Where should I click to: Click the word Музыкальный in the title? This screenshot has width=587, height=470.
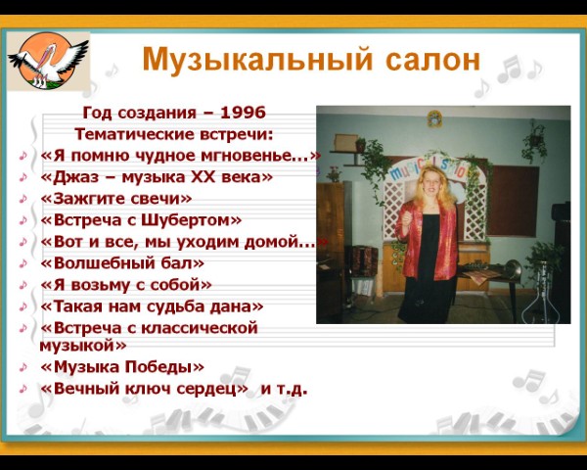point(258,60)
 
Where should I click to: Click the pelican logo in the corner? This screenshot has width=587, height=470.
point(48,61)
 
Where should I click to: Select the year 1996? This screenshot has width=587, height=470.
point(244,113)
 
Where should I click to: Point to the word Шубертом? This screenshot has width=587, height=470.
point(186,220)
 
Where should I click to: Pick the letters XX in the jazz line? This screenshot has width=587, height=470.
point(203,177)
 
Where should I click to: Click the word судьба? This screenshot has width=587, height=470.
point(175,306)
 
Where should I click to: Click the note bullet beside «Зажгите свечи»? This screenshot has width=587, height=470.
point(23,199)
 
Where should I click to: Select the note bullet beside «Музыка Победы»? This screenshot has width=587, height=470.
point(23,367)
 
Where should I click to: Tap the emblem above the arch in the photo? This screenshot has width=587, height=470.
point(434,118)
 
